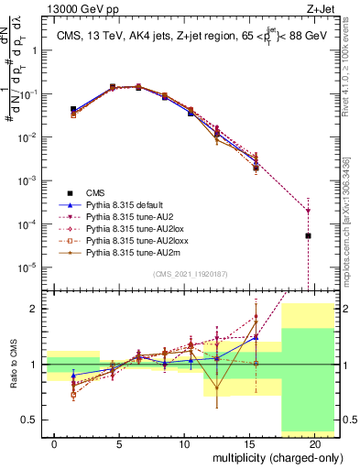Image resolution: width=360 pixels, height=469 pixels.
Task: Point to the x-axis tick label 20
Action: [x=315, y=444]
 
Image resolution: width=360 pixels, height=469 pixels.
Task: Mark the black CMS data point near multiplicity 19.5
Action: [x=308, y=236]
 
